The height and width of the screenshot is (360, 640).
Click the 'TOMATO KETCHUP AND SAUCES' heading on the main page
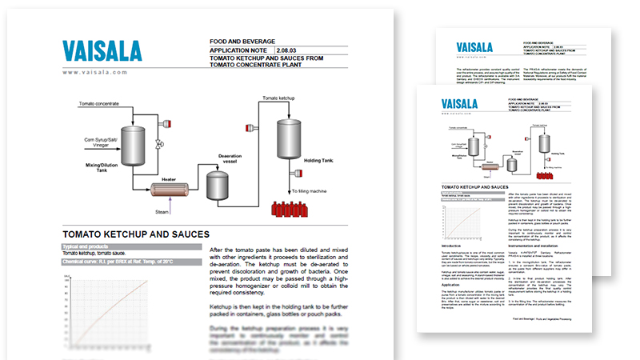(x=136, y=234)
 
